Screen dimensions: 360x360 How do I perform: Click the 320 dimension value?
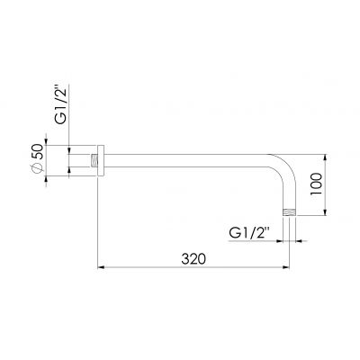(193, 259)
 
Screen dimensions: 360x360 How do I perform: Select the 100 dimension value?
(316, 184)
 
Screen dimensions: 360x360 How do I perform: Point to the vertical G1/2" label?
(60, 104)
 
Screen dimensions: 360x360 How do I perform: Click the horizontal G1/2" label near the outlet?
(249, 233)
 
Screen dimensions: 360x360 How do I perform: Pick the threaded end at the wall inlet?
(94, 160)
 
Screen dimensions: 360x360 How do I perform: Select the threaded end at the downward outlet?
(290, 212)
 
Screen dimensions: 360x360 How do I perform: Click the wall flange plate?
(101, 160)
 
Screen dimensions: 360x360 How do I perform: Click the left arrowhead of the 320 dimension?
(101, 267)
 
